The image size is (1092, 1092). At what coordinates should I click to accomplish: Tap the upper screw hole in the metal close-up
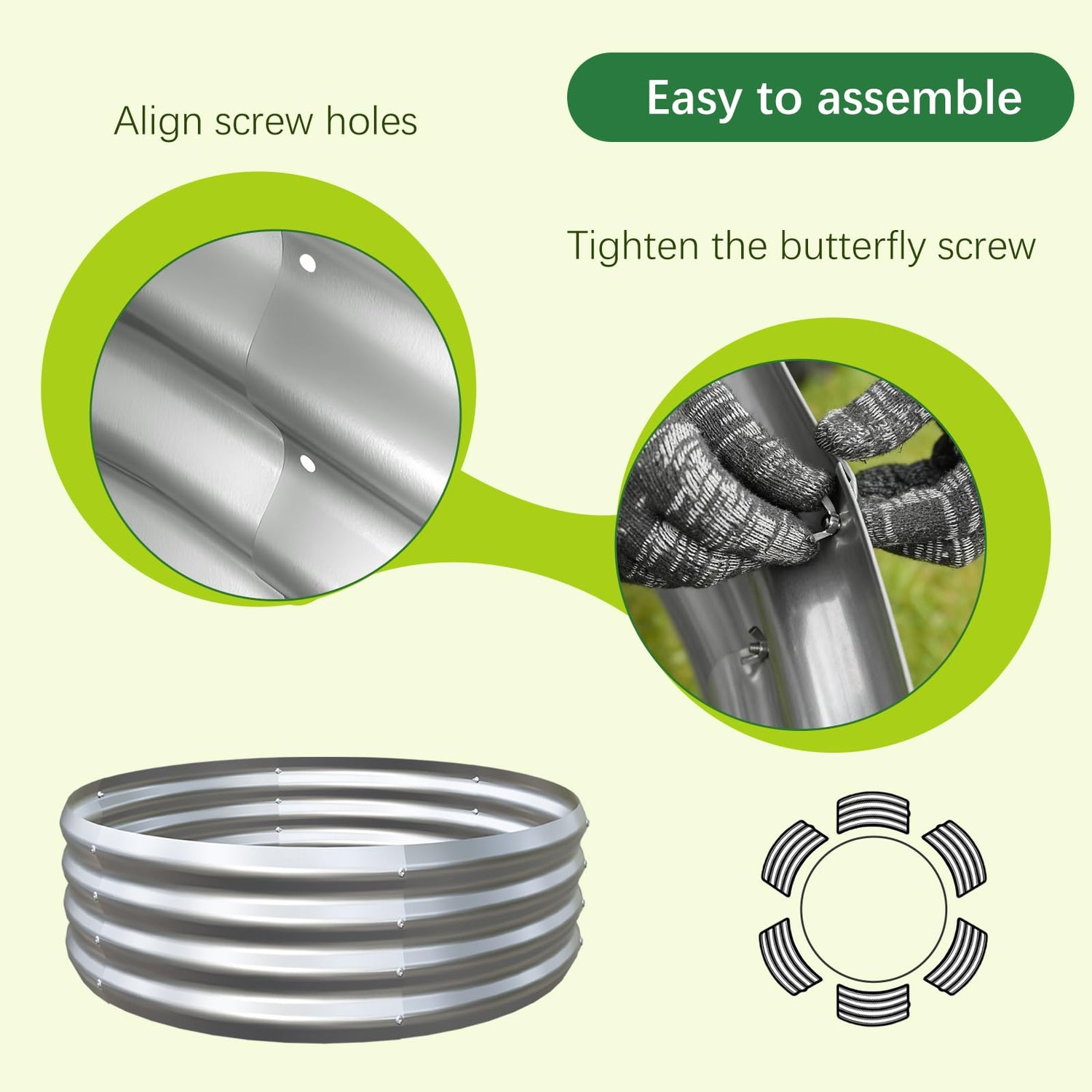[308, 263]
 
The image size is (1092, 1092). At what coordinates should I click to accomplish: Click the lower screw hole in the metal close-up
[307, 463]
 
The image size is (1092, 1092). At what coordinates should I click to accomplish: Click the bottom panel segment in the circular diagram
[873, 1003]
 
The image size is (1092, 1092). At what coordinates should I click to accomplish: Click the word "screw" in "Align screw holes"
[264, 122]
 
